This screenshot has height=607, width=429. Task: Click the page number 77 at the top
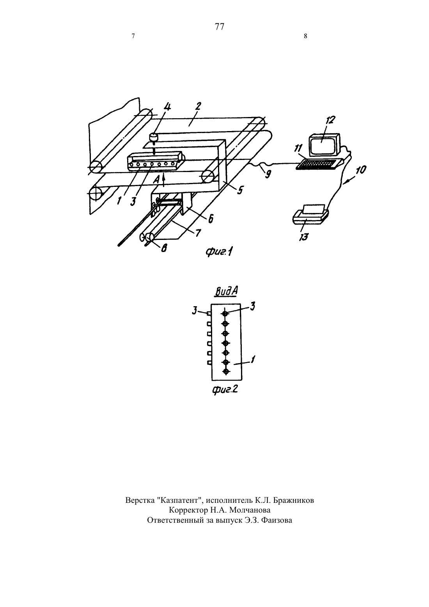pyautogui.click(x=219, y=27)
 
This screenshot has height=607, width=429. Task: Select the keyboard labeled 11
pyautogui.click(x=319, y=164)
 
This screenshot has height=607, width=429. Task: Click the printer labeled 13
pyautogui.click(x=311, y=216)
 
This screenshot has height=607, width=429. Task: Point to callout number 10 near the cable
pyautogui.click(x=361, y=170)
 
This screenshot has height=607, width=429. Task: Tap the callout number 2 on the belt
pyautogui.click(x=198, y=106)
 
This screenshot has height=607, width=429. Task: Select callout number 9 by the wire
pyautogui.click(x=268, y=174)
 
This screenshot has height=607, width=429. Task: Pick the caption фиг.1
pyautogui.click(x=219, y=252)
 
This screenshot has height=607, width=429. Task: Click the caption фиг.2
pyautogui.click(x=225, y=390)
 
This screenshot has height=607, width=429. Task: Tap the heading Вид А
pyautogui.click(x=226, y=291)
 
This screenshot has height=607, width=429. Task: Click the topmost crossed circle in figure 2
pyautogui.click(x=225, y=314)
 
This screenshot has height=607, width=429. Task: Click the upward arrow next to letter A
pyautogui.click(x=163, y=181)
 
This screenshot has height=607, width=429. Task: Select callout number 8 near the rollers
pyautogui.click(x=164, y=248)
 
